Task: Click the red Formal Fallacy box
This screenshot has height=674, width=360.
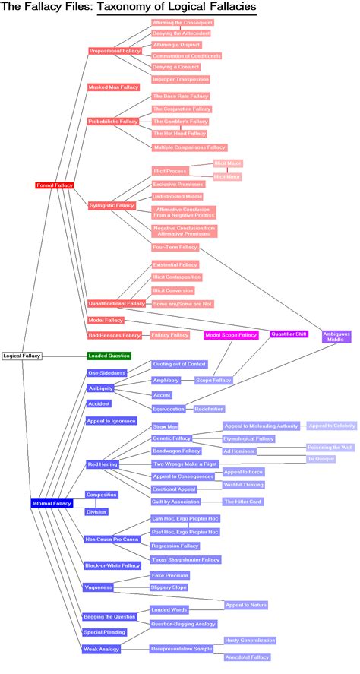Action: [54, 185]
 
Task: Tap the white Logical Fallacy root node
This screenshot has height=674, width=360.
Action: [21, 355]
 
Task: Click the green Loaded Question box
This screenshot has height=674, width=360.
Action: [109, 355]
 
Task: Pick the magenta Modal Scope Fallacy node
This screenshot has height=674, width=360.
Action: [232, 334]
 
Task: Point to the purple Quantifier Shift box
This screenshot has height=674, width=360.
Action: [289, 334]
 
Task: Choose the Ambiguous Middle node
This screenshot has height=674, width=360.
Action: [336, 337]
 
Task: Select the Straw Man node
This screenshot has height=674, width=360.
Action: [166, 427]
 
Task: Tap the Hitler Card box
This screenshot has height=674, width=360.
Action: [243, 502]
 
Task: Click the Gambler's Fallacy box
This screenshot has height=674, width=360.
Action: [180, 122]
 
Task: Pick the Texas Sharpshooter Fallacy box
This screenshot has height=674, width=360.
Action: [186, 559]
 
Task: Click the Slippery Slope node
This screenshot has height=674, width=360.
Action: [169, 587]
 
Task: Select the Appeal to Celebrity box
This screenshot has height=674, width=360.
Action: [330, 426]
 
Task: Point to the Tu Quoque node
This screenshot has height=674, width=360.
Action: [321, 459]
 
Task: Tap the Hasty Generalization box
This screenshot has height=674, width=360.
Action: [250, 641]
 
